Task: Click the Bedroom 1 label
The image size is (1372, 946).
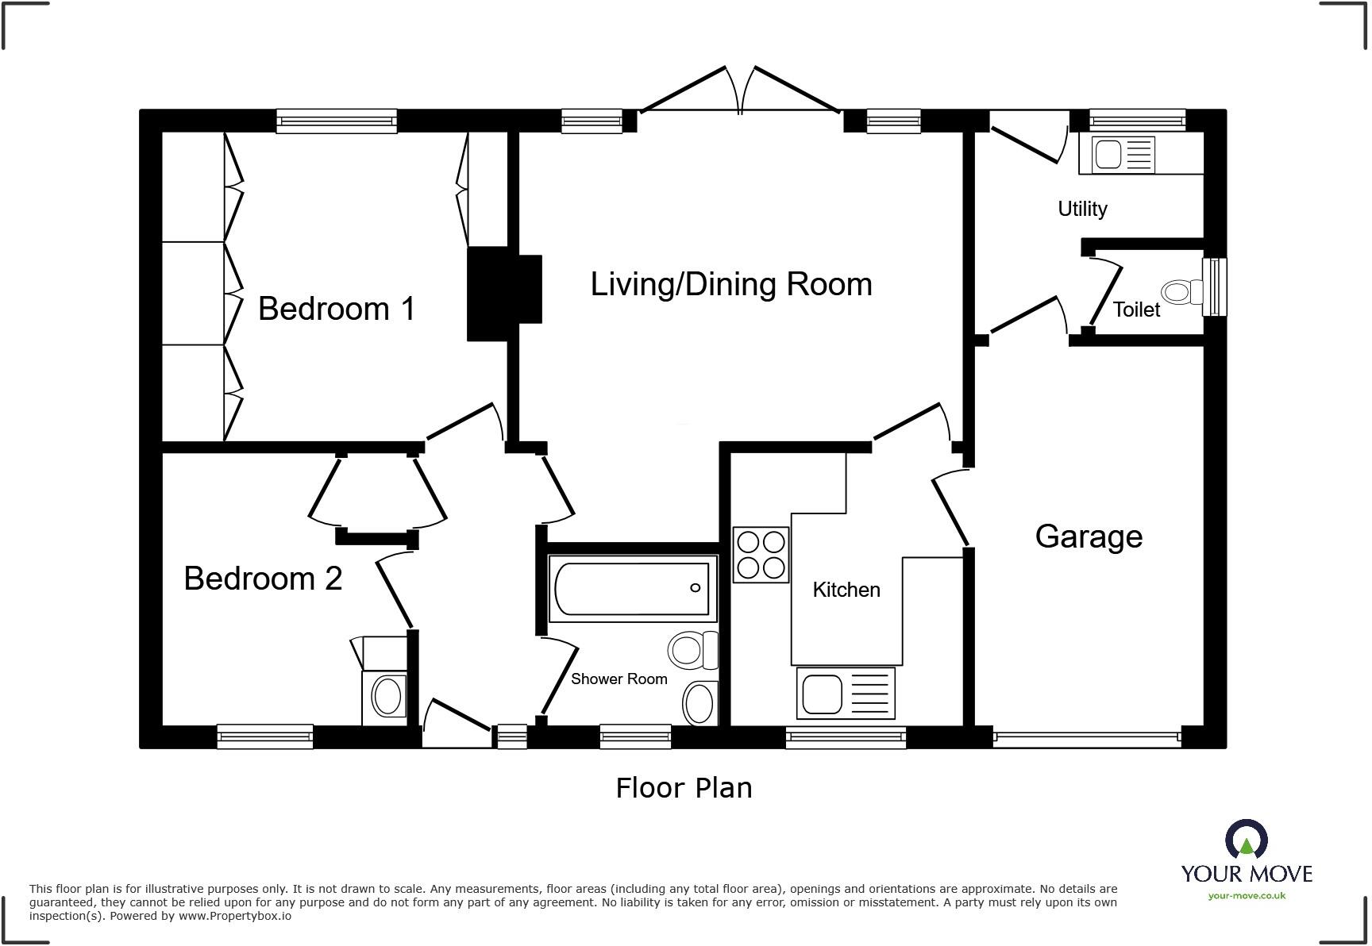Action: [x=337, y=309]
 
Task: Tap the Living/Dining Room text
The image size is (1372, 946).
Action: [x=730, y=284]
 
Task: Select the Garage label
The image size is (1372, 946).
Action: [x=1089, y=536]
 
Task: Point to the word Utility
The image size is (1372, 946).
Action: [x=1082, y=209]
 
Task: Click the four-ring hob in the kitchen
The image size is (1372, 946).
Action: [x=761, y=555]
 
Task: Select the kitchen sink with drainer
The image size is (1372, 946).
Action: [x=846, y=693]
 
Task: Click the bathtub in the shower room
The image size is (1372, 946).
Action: [x=632, y=589]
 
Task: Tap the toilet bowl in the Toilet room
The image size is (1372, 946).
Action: [x=1182, y=292]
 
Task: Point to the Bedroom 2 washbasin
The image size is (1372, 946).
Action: [x=387, y=696]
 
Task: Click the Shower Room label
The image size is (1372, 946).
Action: [x=619, y=679]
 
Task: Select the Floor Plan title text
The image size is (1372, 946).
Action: [x=684, y=788]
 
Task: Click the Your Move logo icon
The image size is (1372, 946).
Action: [x=1246, y=840]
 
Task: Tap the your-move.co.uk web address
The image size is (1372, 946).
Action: [x=1247, y=896]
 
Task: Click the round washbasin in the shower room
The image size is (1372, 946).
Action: [x=699, y=702]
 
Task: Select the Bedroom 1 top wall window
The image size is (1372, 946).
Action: [x=337, y=121]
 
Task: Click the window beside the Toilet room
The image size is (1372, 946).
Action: [x=1214, y=286]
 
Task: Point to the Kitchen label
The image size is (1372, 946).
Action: [x=846, y=590]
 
